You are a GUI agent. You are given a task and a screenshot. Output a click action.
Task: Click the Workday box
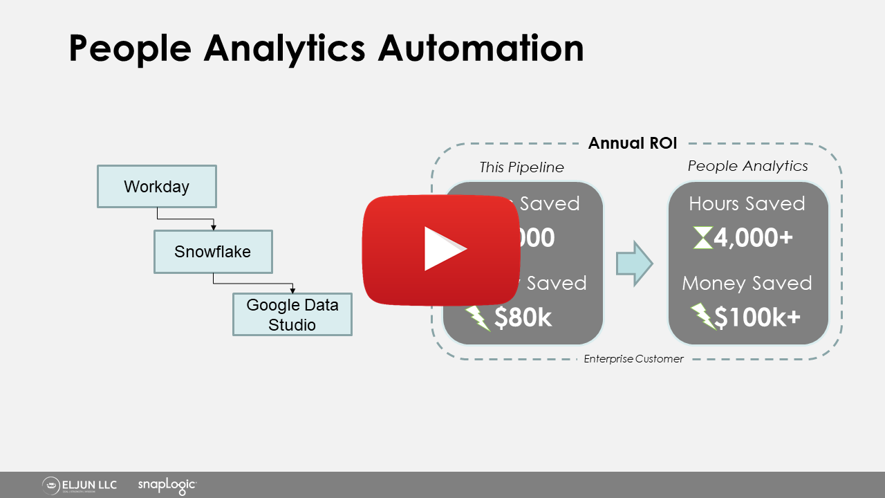pos(156,186)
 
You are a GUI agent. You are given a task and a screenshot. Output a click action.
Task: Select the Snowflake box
pos(212,251)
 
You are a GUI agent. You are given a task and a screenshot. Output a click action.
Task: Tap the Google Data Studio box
pos(292,315)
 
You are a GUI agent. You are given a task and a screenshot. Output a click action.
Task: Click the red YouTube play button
pos(442,250)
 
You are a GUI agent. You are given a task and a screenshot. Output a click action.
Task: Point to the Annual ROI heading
pos(632,143)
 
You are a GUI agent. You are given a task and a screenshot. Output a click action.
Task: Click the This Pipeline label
pos(521,167)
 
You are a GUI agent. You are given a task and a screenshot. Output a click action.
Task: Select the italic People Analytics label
pos(747,166)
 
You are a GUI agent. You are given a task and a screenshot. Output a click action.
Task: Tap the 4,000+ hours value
pos(753,239)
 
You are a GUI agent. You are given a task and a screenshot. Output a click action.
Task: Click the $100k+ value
pos(757,317)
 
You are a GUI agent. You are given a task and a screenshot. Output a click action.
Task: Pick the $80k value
pos(523,317)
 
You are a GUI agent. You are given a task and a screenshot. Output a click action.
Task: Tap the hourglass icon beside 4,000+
pos(702,239)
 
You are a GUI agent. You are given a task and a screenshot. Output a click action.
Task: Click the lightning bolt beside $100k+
pos(702,317)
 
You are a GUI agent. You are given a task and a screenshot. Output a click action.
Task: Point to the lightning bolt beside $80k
pos(477,317)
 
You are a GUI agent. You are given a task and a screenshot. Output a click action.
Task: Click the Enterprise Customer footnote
pos(633,359)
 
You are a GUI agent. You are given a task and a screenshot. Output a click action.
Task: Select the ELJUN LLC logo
pos(80,485)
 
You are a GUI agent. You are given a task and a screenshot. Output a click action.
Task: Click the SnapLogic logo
pos(167,485)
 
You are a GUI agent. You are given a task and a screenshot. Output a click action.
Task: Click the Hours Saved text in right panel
pos(747,203)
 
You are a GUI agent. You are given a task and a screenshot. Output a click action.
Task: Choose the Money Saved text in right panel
pos(747,283)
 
